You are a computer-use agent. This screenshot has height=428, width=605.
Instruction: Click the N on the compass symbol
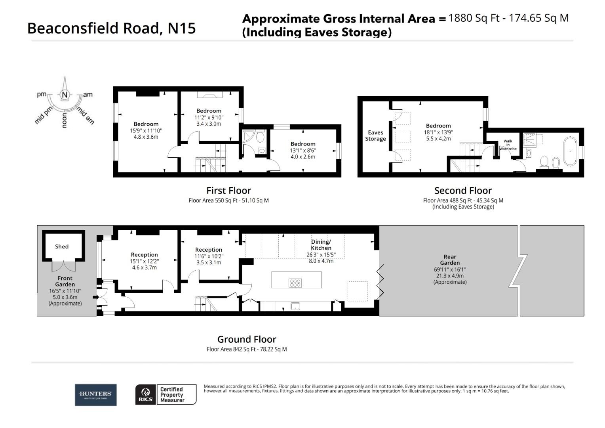(65, 95)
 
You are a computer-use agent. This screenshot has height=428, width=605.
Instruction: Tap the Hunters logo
(95, 394)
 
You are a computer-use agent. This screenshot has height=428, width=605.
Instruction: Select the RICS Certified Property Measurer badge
(166, 394)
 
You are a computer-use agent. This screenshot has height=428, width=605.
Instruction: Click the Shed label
(62, 246)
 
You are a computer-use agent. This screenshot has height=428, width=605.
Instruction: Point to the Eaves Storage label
(375, 136)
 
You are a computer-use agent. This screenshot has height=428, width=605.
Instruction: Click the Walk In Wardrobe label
(508, 145)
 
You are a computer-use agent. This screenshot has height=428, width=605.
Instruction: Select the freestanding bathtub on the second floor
(570, 151)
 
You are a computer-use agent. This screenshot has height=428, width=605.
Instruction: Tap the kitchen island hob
(295, 283)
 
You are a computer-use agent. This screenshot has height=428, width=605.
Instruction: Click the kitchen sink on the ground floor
(295, 306)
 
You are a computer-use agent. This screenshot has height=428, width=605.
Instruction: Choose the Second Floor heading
(463, 191)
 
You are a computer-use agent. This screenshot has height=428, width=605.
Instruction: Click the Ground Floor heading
(247, 339)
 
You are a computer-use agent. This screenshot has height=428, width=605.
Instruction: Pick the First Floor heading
(228, 191)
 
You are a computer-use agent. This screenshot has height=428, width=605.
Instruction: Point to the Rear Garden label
(450, 260)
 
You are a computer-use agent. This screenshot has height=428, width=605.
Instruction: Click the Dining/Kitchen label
(321, 245)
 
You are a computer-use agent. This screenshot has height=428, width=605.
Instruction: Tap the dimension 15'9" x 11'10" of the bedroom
(146, 130)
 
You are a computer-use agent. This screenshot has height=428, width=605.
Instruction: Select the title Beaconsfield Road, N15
(111, 28)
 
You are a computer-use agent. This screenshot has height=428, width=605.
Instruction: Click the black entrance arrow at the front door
(95, 297)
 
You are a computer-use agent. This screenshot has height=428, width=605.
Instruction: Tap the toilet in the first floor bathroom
(260, 137)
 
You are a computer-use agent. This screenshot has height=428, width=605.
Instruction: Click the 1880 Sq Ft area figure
(474, 18)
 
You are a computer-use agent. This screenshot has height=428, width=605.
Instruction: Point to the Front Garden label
(65, 281)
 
